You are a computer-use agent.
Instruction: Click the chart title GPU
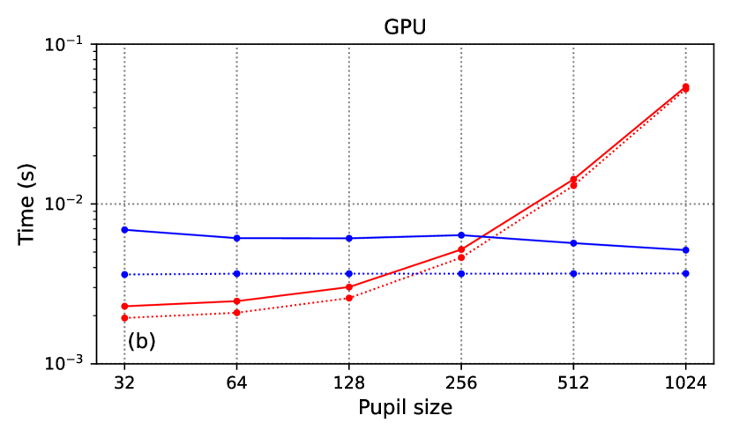(x=405, y=27)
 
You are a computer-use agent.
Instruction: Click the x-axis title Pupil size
(x=405, y=408)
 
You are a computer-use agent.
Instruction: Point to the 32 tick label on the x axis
(x=124, y=384)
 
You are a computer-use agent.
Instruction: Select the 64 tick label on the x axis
(x=236, y=384)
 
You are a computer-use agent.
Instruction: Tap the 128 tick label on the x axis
(x=349, y=384)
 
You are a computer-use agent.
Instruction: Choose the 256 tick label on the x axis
(x=461, y=384)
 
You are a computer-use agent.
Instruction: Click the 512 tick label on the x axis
(x=573, y=384)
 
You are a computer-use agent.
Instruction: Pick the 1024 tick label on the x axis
(x=685, y=384)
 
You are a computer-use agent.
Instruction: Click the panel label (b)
(x=141, y=341)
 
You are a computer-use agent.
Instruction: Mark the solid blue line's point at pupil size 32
(x=124, y=230)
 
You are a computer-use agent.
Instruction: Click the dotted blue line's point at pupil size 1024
(x=685, y=273)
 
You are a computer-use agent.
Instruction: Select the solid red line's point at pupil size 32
(x=124, y=306)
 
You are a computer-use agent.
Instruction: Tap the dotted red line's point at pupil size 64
(x=236, y=313)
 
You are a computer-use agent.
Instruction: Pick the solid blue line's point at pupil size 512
(x=573, y=243)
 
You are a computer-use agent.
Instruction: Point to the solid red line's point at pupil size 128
(x=349, y=287)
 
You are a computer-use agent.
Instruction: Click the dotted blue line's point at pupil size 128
(x=349, y=273)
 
